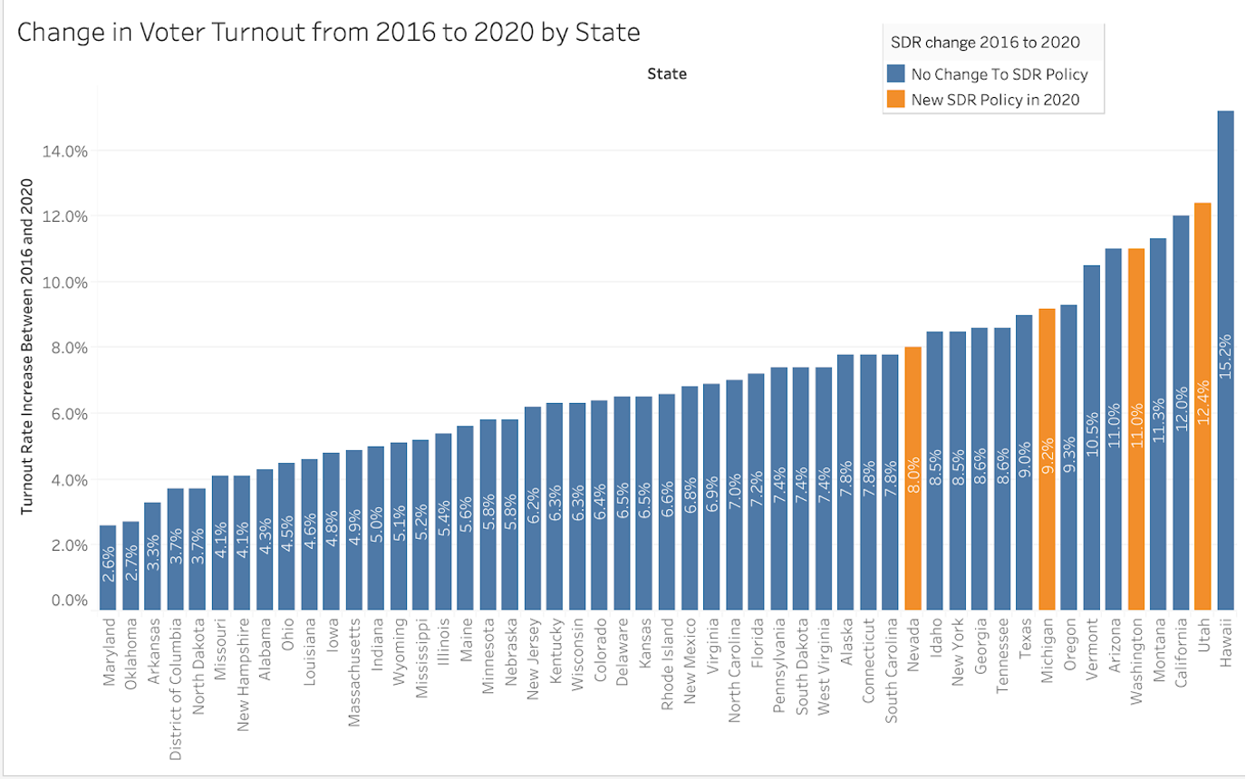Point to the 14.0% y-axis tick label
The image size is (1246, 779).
[65, 150]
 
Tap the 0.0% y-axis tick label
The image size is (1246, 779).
[68, 601]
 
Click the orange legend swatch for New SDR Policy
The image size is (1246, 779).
[895, 100]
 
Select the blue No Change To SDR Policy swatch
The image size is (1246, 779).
[895, 74]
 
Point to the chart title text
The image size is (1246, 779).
[329, 33]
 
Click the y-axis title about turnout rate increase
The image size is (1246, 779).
[27, 347]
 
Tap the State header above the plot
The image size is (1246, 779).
[667, 74]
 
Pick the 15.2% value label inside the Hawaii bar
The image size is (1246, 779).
[1225, 356]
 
